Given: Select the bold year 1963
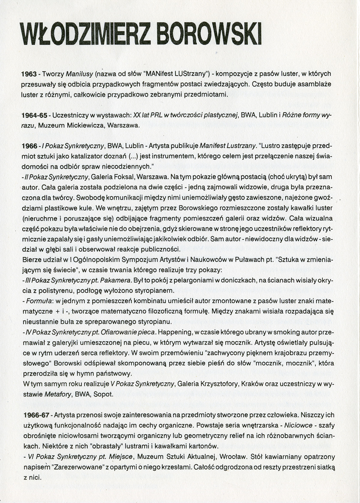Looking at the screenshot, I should (x=29, y=74).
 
